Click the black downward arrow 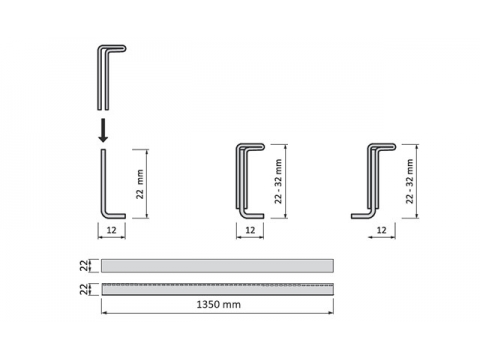click(x=103, y=130)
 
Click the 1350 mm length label click(x=219, y=304)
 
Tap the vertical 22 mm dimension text click(x=140, y=184)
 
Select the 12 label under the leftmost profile click(x=111, y=230)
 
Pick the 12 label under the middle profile click(x=250, y=230)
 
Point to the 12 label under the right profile click(x=381, y=230)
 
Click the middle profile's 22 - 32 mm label click(x=278, y=181)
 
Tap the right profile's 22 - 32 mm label click(x=410, y=181)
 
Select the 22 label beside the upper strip click(x=84, y=266)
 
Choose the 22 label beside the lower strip click(x=84, y=289)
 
